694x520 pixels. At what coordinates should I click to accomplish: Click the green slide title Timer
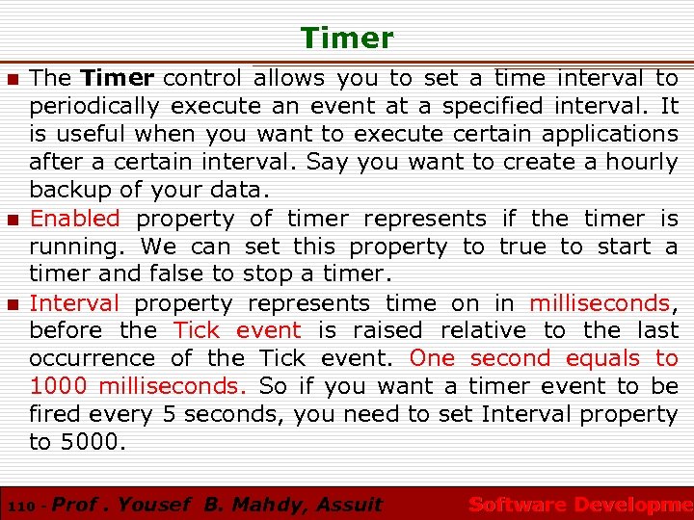[x=347, y=39]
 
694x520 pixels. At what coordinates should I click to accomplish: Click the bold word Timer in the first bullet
[x=118, y=78]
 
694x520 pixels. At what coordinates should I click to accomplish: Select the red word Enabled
[x=75, y=220]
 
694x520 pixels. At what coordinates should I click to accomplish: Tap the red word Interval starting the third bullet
[x=75, y=303]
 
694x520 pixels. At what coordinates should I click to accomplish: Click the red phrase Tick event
[x=237, y=331]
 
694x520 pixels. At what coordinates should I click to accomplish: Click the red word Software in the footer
[x=517, y=504]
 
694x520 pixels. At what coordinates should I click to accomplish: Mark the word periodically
[x=94, y=106]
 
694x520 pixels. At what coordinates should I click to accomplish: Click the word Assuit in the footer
[x=347, y=504]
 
